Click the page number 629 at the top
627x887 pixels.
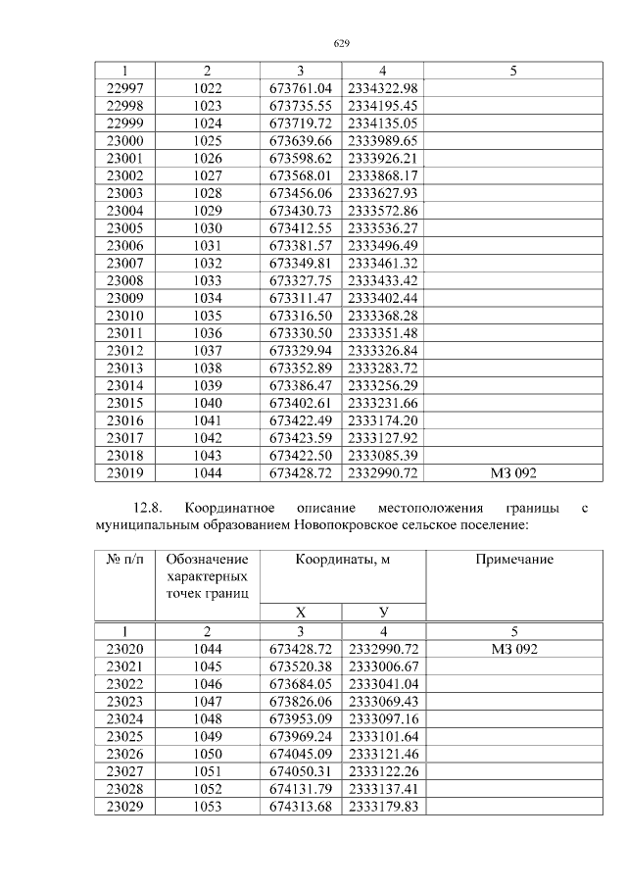tap(342, 43)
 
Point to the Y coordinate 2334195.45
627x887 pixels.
tap(383, 106)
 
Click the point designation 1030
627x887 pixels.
tap(208, 227)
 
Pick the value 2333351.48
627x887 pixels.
tap(383, 332)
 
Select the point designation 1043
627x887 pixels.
tap(208, 455)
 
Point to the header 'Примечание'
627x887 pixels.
tap(514, 560)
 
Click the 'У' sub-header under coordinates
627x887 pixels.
tap(383, 612)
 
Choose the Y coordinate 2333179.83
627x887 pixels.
tap(383, 807)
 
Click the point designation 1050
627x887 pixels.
tap(208, 754)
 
